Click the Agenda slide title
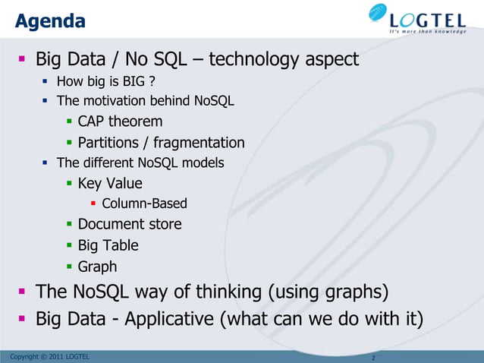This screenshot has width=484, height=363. coord(50,21)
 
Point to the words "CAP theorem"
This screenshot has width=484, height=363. coord(120,122)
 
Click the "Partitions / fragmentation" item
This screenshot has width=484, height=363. coord(161,142)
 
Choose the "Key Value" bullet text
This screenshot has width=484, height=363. coord(109,183)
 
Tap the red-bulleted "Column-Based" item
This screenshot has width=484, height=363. coord(144,204)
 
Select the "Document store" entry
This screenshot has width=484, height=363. coord(129,224)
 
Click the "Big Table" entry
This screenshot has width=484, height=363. coord(108,245)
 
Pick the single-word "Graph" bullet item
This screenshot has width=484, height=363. coord(97,267)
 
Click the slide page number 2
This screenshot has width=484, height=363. coord(374,357)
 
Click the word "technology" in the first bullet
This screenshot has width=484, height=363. coord(259,58)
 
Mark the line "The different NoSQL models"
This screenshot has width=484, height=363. coord(140,163)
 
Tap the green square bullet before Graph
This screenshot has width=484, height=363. coord(69,267)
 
